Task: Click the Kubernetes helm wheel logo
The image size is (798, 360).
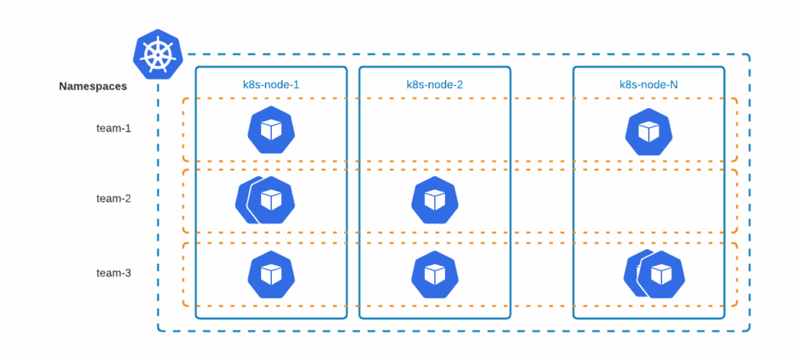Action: point(157,55)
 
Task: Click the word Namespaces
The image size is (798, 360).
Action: point(93,86)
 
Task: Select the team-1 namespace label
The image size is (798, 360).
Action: point(114,128)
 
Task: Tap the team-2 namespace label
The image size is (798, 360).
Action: point(114,199)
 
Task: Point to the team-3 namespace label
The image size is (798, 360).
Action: point(114,273)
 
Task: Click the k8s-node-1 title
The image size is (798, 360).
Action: point(270,83)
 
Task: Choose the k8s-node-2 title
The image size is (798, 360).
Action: point(434,83)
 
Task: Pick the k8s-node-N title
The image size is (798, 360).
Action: point(648,83)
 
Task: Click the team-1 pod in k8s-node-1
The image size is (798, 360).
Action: point(270,131)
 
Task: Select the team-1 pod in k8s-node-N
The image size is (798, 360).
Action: point(648,132)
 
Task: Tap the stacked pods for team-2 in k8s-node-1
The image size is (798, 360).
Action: point(265,200)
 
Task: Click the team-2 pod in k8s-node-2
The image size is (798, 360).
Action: point(434,200)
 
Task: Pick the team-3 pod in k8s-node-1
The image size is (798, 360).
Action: point(270,274)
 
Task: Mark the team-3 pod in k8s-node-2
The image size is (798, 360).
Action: point(434,274)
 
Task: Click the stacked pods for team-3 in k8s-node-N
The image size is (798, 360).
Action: point(655,274)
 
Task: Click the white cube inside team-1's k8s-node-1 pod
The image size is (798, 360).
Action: point(270,130)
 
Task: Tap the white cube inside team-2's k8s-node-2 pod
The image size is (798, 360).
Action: point(434,200)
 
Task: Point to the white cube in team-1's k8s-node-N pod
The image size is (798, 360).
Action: point(648,131)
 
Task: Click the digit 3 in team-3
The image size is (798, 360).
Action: point(128,273)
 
